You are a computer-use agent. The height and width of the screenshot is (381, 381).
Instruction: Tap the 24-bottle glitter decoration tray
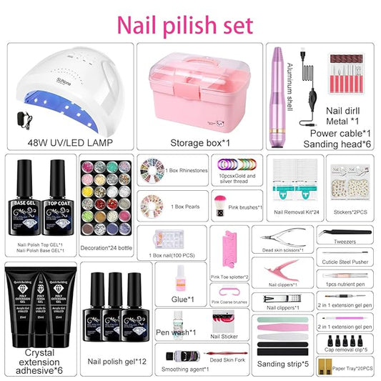coord(107,193)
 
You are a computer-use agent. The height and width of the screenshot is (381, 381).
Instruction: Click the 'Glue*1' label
coord(182,300)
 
